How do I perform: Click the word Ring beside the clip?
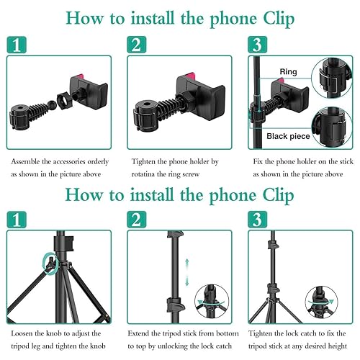click(288, 72)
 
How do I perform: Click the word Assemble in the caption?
click(28, 163)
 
